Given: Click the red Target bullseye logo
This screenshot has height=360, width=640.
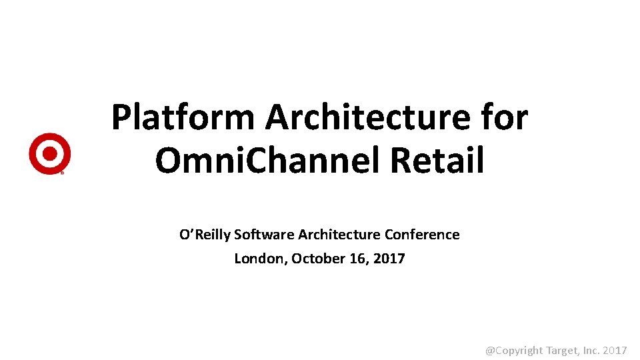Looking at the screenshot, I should (x=49, y=153).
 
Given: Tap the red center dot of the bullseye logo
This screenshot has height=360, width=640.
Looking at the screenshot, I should (x=49, y=153).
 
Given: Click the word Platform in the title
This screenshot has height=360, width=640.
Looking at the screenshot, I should (x=183, y=118).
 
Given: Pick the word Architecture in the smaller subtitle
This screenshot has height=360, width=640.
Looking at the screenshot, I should (x=339, y=235).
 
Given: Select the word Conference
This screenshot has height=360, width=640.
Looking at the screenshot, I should (x=422, y=235).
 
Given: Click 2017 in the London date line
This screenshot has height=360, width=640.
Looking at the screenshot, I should (x=389, y=259).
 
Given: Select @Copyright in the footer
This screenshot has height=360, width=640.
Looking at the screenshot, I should (x=514, y=350).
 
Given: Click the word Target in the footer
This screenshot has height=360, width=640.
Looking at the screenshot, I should (x=563, y=350).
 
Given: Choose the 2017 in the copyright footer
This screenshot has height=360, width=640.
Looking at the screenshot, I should (x=616, y=350).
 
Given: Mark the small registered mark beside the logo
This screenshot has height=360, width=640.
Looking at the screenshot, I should (x=63, y=173).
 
